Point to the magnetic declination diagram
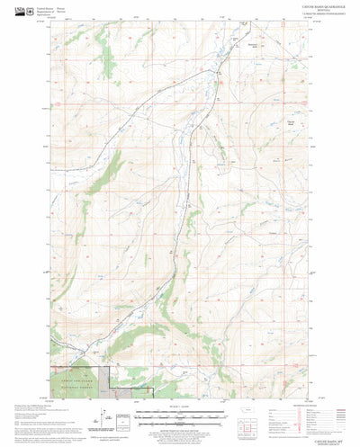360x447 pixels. point(126,415)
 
